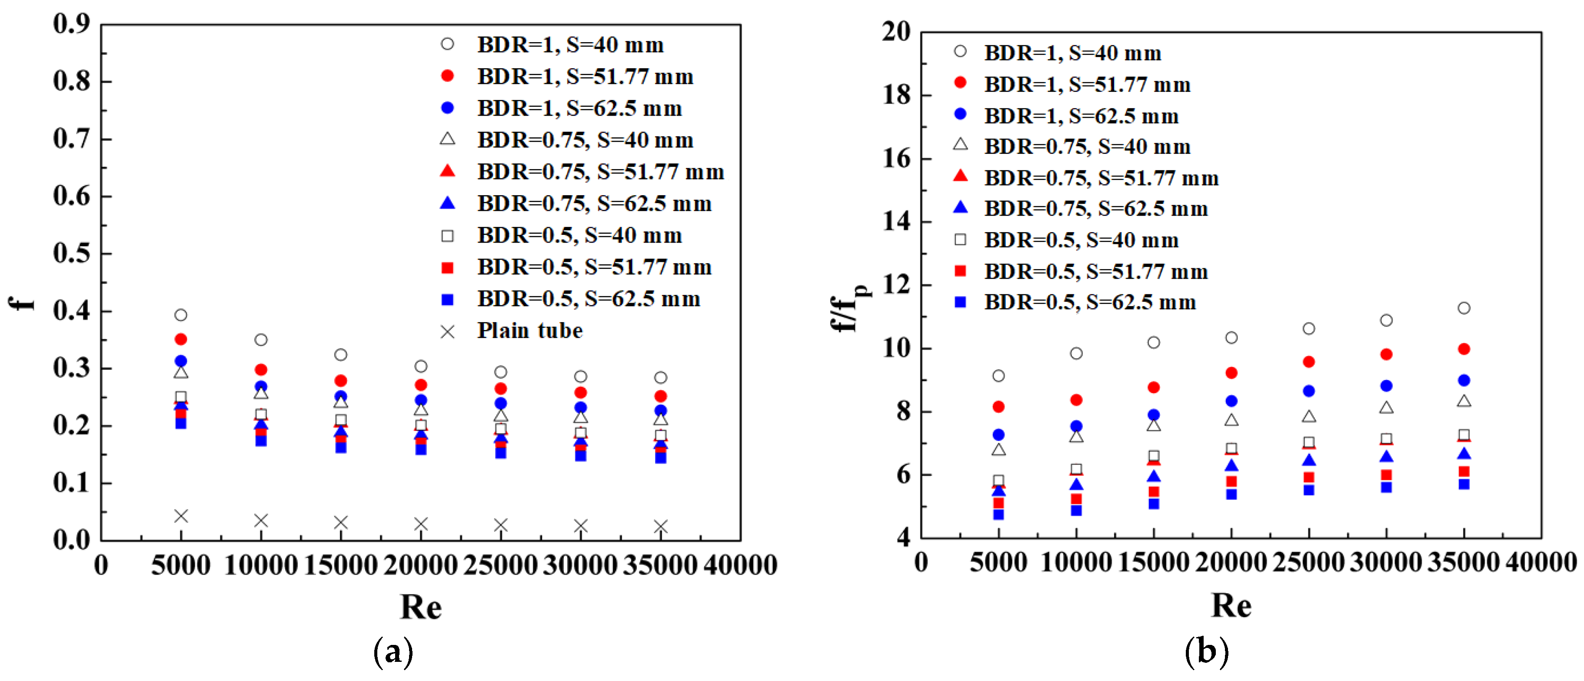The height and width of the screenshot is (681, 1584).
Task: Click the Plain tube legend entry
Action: (529, 331)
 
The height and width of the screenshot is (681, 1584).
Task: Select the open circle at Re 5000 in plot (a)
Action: (181, 315)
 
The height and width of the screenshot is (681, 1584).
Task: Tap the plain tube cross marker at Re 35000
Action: (660, 527)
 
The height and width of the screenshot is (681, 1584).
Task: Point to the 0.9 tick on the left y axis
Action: (72, 25)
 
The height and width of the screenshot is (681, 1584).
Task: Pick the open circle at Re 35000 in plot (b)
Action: (1464, 307)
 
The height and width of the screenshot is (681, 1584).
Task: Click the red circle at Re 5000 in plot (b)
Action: (998, 407)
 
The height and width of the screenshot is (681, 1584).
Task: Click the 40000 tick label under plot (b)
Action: (1541, 562)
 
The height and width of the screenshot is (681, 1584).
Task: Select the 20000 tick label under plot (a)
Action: (421, 565)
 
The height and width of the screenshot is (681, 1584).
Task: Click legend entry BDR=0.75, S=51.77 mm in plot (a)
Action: (600, 172)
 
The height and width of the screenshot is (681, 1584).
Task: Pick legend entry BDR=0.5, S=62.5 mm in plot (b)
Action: (1090, 302)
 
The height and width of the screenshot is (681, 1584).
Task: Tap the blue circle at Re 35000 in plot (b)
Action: (1464, 380)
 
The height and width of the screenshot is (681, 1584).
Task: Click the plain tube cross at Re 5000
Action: (181, 515)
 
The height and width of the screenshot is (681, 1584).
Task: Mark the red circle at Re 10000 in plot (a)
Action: (261, 370)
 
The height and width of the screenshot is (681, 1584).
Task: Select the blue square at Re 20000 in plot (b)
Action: (1231, 494)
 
